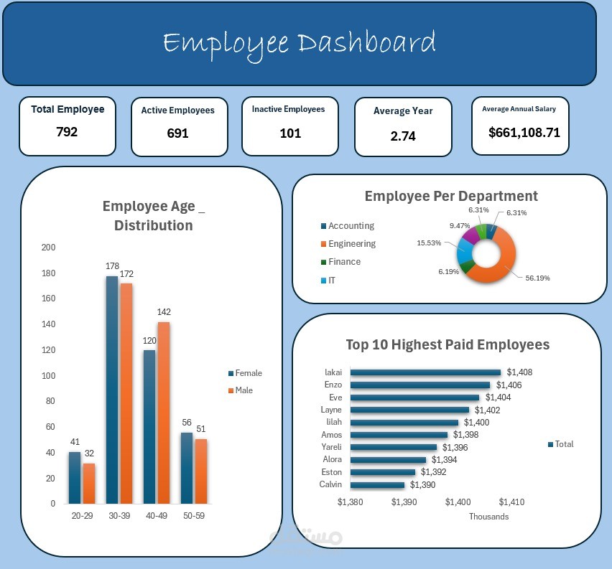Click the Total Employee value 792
(67, 132)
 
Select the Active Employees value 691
(177, 133)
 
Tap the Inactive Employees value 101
(290, 133)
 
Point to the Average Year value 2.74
(403, 136)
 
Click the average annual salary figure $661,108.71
(524, 133)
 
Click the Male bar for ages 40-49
(164, 413)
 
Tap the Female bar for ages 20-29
(75, 477)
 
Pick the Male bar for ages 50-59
(201, 471)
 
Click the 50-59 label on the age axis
(194, 516)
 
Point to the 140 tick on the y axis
(48, 324)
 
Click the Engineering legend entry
(351, 244)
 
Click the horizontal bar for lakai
(425, 372)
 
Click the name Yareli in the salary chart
(332, 447)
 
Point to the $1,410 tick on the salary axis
(511, 502)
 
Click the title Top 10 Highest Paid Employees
(448, 345)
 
